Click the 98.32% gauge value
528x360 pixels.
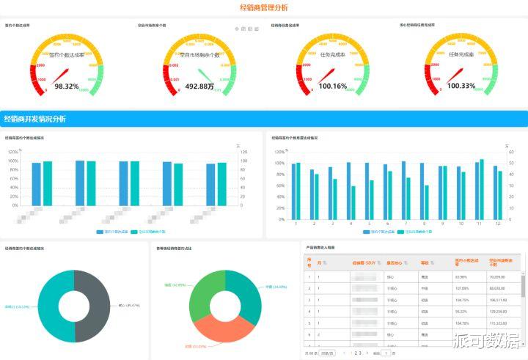67,87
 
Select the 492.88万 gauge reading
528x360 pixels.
199,87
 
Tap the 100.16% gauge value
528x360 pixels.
332,87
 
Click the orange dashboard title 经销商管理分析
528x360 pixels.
264,7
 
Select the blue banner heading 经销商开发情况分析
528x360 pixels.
34,119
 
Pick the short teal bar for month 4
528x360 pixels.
353,202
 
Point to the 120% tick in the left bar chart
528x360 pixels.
13,151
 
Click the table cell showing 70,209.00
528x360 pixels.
497,277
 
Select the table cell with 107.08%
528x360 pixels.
461,288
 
